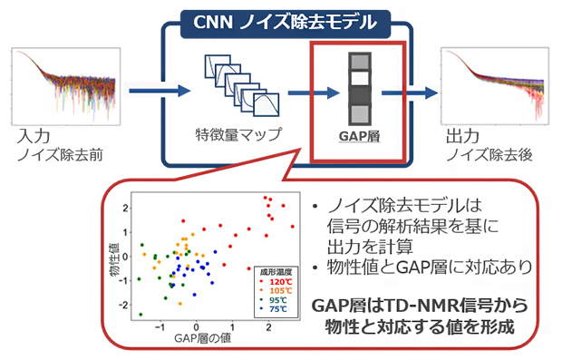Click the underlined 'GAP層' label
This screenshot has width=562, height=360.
tap(351, 136)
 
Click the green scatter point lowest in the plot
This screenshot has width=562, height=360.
tap(142, 314)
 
